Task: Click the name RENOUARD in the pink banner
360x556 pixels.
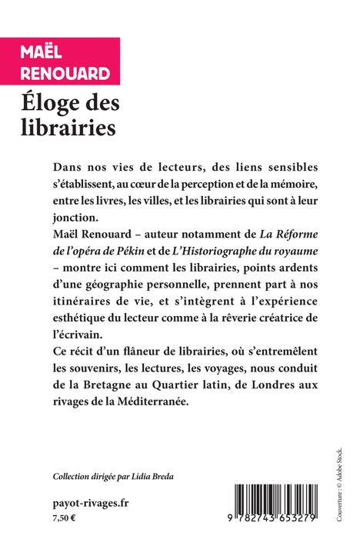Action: click(65, 75)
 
